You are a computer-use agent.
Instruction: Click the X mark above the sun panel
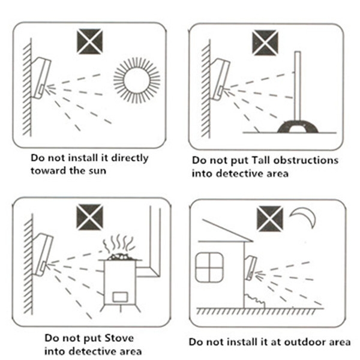point(90,41)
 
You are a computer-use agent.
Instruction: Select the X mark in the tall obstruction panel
point(265,43)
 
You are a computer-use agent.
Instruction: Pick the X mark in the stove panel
point(90,217)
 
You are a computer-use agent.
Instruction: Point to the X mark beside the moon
point(270,219)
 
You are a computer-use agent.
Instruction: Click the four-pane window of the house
point(209,267)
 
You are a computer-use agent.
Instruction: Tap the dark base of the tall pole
point(298,127)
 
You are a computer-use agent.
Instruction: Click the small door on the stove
point(120,296)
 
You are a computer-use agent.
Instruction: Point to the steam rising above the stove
point(118,244)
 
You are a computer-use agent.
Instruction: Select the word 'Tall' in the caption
point(260,160)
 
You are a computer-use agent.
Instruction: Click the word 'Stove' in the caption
point(119,338)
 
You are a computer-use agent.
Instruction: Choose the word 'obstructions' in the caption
point(305,160)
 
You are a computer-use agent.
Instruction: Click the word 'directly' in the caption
point(130,158)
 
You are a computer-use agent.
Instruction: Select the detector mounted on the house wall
point(251,268)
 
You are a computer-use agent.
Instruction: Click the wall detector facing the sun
point(41,78)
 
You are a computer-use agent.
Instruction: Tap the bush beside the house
point(255,301)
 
